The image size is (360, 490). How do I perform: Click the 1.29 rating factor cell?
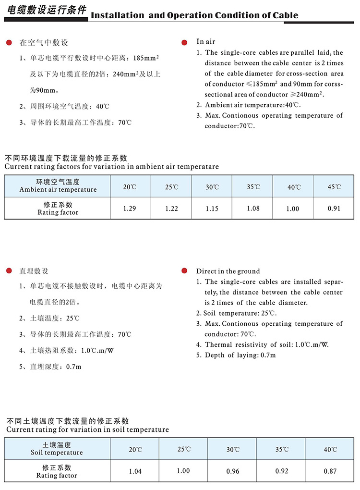[130, 208]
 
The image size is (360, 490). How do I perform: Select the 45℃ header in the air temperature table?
[334, 187]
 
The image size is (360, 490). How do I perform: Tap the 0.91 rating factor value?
[334, 208]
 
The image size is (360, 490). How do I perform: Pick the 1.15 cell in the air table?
[212, 208]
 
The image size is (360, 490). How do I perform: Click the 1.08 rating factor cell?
[253, 208]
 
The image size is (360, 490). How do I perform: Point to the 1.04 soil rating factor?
[135, 471]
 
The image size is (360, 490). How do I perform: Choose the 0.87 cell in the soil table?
[330, 471]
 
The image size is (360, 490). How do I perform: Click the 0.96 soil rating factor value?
[233, 471]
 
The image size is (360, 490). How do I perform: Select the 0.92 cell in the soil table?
[282, 471]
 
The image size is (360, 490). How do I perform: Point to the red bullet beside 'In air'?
[184, 43]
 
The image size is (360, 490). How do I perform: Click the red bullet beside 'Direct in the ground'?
[184, 271]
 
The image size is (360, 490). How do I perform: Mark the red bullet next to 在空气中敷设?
[9, 43]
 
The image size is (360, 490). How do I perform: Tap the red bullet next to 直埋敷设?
[9, 271]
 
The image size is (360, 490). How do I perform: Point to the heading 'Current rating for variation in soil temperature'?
[87, 429]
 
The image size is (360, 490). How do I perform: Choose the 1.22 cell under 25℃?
[171, 208]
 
